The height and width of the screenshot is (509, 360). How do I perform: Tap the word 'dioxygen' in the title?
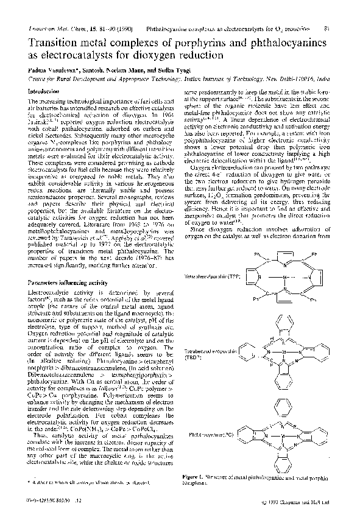155,55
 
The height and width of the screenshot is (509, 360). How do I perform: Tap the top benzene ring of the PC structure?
277,403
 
